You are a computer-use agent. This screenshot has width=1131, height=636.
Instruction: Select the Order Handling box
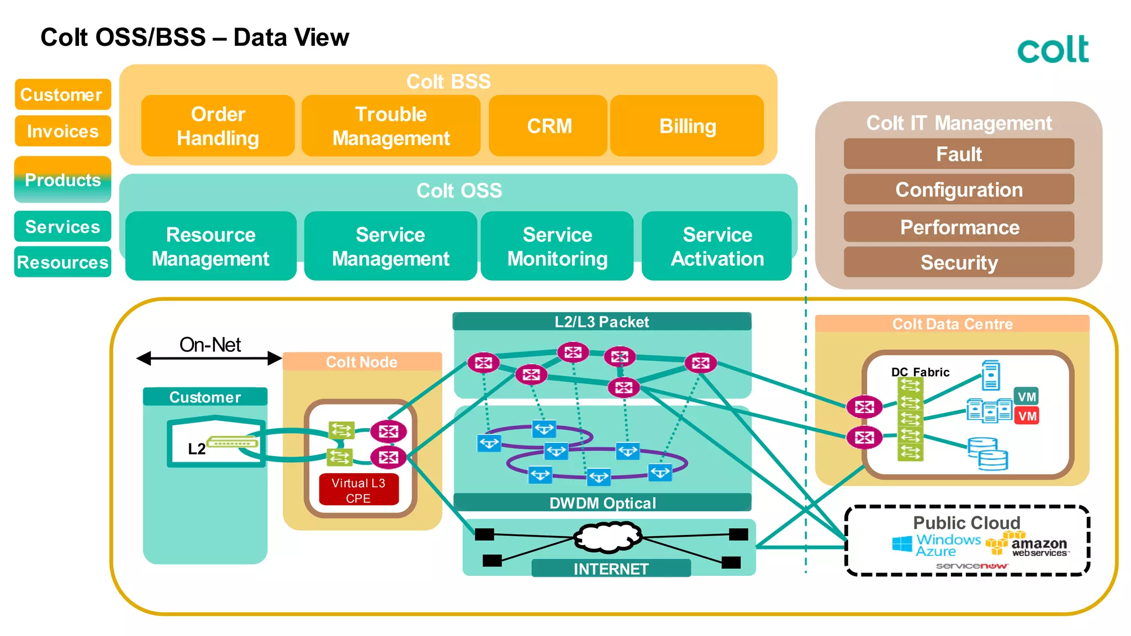point(218,126)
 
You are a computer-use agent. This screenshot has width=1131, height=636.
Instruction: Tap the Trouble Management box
point(391,126)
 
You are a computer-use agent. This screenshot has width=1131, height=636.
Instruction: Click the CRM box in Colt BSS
point(548,126)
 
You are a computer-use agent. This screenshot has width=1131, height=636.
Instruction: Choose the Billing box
point(687,126)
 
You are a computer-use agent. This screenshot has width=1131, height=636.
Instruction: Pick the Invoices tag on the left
point(62,131)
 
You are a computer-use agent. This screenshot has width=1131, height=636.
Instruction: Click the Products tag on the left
point(62,180)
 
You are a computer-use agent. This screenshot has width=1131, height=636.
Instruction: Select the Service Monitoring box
point(557,246)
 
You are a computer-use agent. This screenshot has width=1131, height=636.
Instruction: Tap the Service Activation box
point(717,246)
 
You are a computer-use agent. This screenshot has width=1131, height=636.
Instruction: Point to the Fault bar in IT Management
point(959,154)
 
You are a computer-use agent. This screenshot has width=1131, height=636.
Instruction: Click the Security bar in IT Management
point(959,262)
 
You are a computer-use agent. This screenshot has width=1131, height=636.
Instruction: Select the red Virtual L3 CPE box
point(358,490)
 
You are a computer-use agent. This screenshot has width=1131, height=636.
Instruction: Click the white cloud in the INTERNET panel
point(607,537)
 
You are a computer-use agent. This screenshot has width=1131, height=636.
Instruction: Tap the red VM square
point(1027,416)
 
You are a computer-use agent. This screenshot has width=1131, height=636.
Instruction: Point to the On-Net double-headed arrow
point(209,359)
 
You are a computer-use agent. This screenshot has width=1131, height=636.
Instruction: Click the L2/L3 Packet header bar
point(601,322)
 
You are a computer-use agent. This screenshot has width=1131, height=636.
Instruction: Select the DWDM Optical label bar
point(602,503)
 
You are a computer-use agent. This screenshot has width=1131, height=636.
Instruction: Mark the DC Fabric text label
point(920,372)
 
